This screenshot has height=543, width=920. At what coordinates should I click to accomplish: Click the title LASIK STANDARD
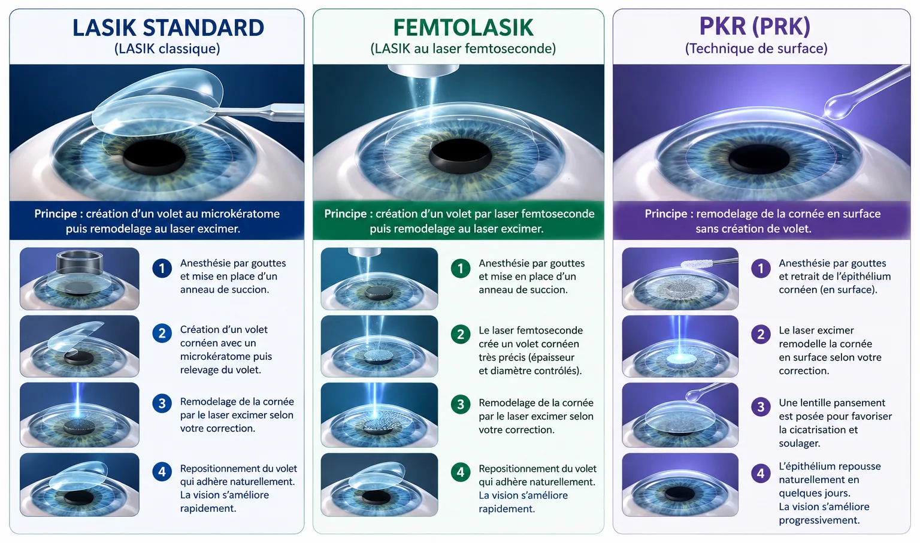168,28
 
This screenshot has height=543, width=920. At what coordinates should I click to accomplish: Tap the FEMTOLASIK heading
463,28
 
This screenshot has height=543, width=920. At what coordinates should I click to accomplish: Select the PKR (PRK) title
755,26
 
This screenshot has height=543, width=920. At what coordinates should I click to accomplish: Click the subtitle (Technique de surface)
756,48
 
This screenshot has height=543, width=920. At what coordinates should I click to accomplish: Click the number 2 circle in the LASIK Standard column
162,333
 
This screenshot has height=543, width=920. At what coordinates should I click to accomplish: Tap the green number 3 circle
461,404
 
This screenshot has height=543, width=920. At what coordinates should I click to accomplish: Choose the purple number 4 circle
761,474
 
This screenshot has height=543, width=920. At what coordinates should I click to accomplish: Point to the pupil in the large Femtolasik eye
461,156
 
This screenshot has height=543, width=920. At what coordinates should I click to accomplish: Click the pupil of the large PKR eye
759,159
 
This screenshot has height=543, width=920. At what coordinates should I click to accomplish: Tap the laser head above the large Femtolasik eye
423,70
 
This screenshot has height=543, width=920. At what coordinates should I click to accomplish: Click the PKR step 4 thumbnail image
680,485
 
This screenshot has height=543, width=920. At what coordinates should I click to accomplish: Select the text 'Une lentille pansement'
832,403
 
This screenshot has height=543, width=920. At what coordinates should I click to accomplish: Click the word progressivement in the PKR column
819,520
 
